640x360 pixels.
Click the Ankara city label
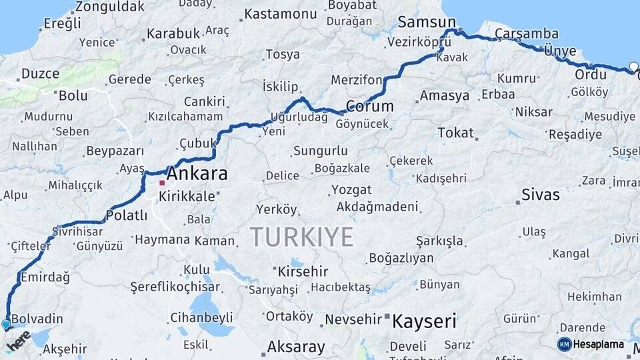pyautogui.click(x=197, y=175)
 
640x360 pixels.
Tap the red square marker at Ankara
pyautogui.click(x=162, y=183)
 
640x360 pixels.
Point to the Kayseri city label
pyautogui.click(x=424, y=322)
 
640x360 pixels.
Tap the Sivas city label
pyautogui.click(x=541, y=195)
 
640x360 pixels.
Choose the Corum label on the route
pyautogui.click(x=369, y=107)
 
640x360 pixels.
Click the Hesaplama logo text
pyautogui.click(x=599, y=344)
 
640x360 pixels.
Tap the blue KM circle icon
pyautogui.click(x=564, y=344)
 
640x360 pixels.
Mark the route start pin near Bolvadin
pyautogui.click(x=7, y=325)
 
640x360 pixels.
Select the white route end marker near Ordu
pyautogui.click(x=633, y=67)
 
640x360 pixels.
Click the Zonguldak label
pyautogui.click(x=109, y=7)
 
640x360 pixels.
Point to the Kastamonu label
pyautogui.click(x=281, y=14)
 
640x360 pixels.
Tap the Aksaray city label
pyautogui.click(x=296, y=347)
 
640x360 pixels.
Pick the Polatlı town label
pyautogui.click(x=127, y=215)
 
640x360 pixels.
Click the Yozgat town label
pyautogui.click(x=351, y=190)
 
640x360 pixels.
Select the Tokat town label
pyautogui.click(x=455, y=133)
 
